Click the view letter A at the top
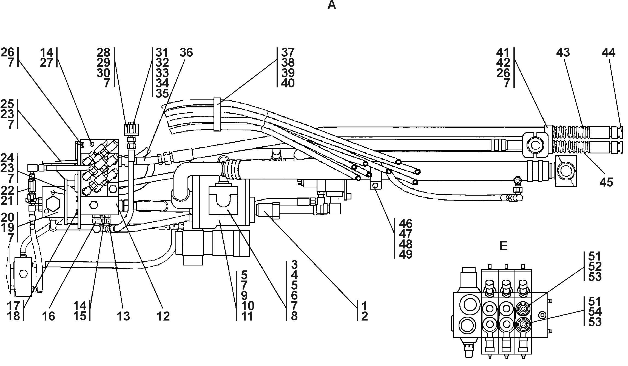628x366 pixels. (x=332, y=5)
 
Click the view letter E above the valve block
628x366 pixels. (x=503, y=246)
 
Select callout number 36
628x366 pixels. (x=186, y=52)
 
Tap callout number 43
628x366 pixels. (x=563, y=52)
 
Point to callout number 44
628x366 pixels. (x=609, y=52)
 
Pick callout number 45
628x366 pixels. (x=606, y=182)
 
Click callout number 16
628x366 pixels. (x=49, y=316)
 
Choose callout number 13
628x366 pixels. (x=123, y=316)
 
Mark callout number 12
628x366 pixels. (x=163, y=316)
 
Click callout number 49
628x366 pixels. (x=406, y=254)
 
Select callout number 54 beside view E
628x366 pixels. (x=595, y=312)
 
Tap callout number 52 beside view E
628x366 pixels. (x=595, y=266)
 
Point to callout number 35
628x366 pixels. (x=162, y=93)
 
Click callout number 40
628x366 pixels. (x=288, y=83)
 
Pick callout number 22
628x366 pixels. (x=7, y=190)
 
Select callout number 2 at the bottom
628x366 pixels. (x=364, y=316)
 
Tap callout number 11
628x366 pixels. (x=248, y=316)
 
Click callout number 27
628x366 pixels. (x=46, y=63)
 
